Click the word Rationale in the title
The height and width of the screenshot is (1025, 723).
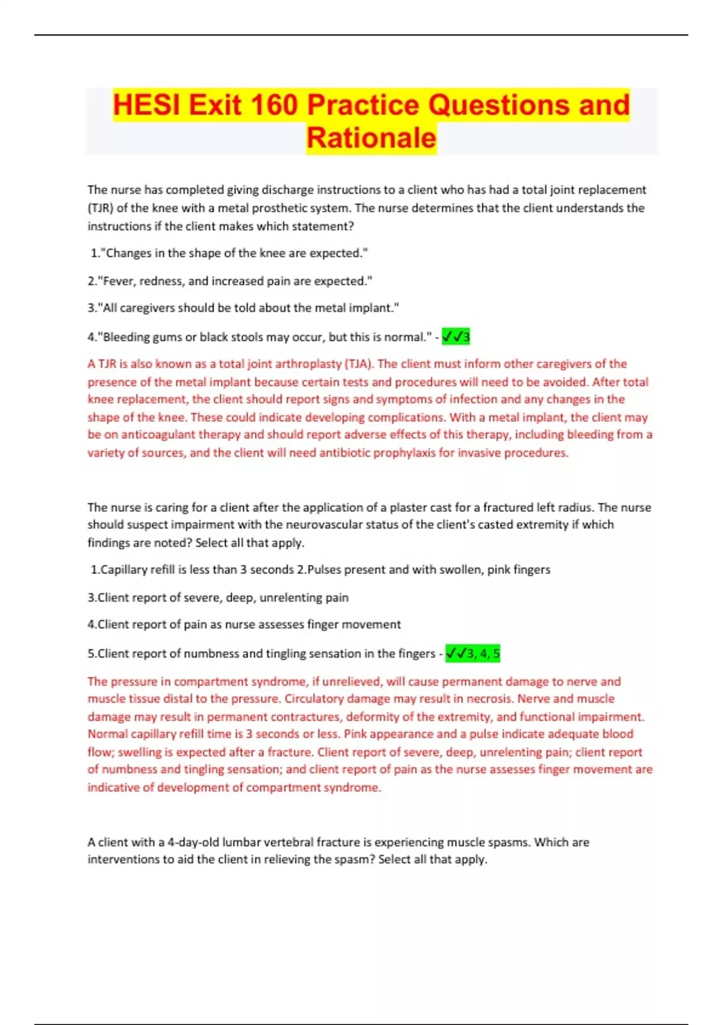tap(371, 138)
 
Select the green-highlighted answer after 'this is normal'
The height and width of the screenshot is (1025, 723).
tap(456, 337)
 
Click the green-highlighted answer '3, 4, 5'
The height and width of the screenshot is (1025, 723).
tap(473, 654)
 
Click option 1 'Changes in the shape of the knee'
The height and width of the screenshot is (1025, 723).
tap(229, 253)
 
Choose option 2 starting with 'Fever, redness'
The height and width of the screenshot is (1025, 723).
tap(230, 281)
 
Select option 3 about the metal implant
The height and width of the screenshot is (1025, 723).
tap(243, 308)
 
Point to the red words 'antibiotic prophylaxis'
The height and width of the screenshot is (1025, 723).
tap(377, 453)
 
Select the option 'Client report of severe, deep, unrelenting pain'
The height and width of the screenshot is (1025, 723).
tap(218, 598)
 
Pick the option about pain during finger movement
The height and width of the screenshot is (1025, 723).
tap(244, 625)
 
